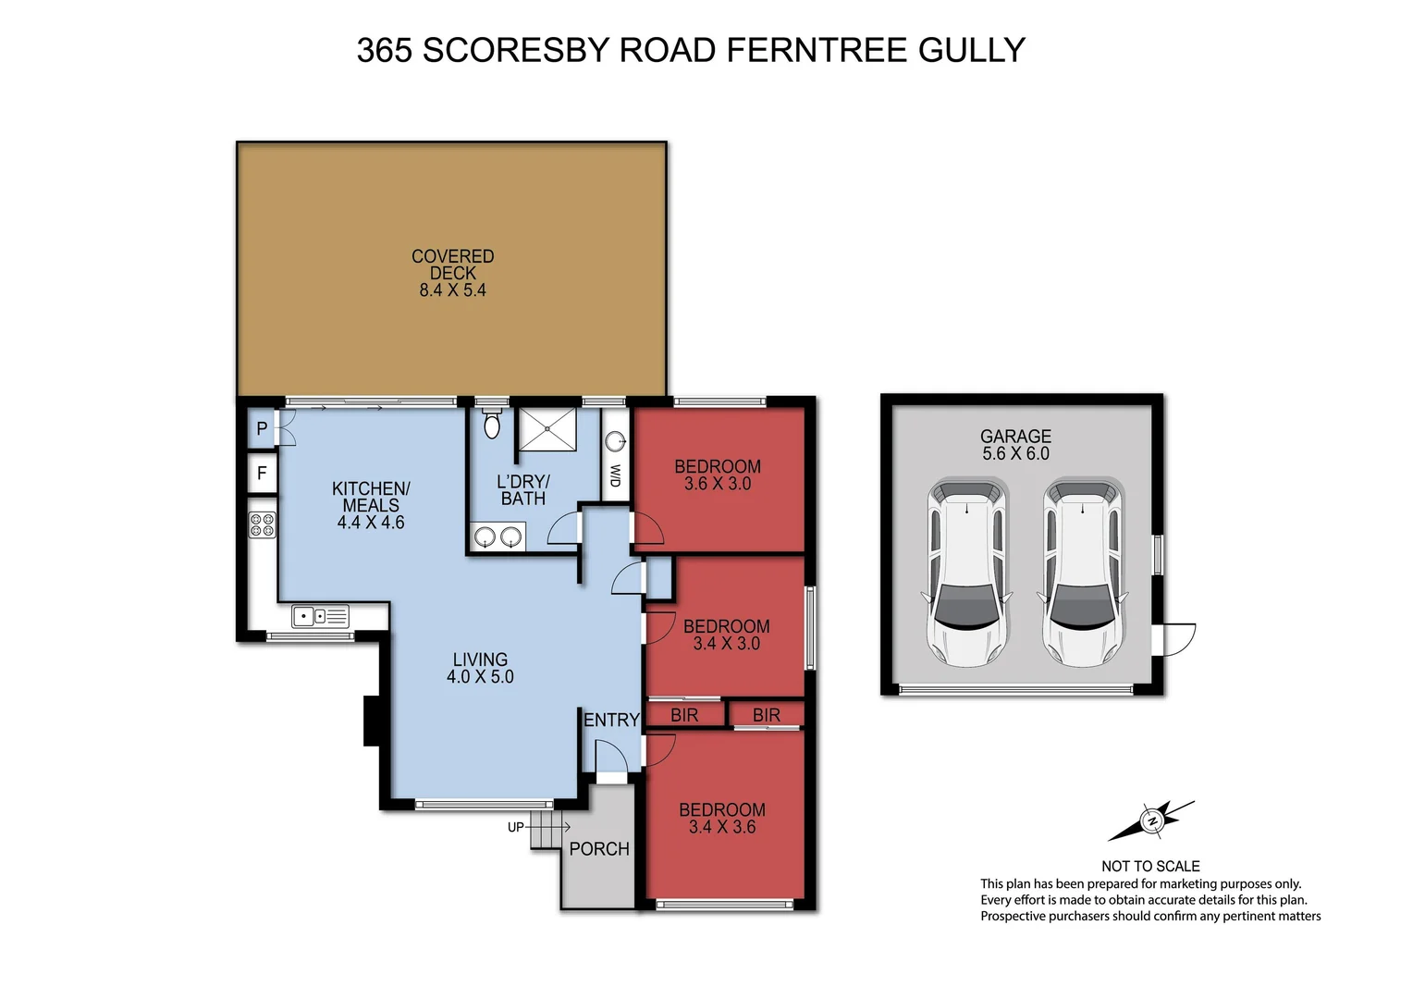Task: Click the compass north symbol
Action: pyautogui.click(x=1152, y=820)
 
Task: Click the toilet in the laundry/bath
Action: pyautogui.click(x=492, y=424)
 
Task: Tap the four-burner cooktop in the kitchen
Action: pyautogui.click(x=262, y=525)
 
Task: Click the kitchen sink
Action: pyautogui.click(x=320, y=615)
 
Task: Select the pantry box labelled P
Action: pyautogui.click(x=262, y=429)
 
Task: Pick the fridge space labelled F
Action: pyautogui.click(x=262, y=474)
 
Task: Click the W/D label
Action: pyautogui.click(x=615, y=476)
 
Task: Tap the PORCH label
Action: pyautogui.click(x=599, y=849)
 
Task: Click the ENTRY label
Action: pyautogui.click(x=611, y=720)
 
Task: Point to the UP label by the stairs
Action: pyautogui.click(x=515, y=827)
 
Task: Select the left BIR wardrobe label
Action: pyautogui.click(x=684, y=715)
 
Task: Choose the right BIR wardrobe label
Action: pyautogui.click(x=767, y=715)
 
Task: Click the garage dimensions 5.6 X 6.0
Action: pyautogui.click(x=1015, y=453)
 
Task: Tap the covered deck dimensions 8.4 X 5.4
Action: pyautogui.click(x=452, y=290)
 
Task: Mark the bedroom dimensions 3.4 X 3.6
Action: pyautogui.click(x=722, y=827)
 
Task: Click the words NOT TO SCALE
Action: pyautogui.click(x=1150, y=867)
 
